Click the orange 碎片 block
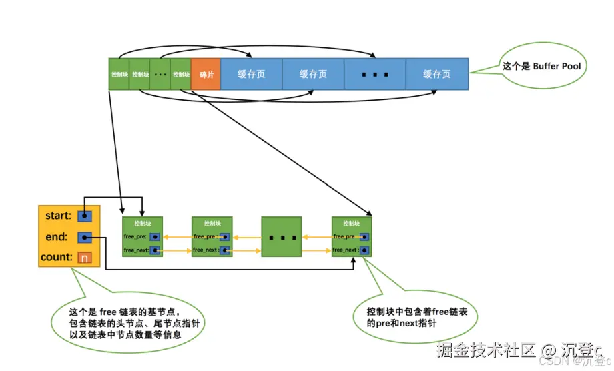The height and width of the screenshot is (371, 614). tap(206, 75)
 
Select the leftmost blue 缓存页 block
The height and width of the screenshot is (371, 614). tap(251, 74)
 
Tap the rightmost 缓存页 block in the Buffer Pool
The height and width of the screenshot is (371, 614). tap(436, 74)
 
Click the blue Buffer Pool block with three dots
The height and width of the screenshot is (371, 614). tap(375, 74)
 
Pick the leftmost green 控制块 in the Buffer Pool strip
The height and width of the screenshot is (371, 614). tap(119, 75)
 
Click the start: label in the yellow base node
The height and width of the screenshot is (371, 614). tap(58, 216)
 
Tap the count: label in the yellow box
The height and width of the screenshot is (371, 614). tap(56, 257)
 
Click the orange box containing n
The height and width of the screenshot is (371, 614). tap(84, 257)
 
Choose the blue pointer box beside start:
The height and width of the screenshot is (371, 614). tap(84, 216)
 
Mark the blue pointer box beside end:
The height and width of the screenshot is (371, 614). tap(84, 236)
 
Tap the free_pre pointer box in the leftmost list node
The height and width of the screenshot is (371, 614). tap(155, 236)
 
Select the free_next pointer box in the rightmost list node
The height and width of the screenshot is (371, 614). tap(364, 250)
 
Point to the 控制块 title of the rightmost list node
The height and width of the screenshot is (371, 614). tap(351, 224)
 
